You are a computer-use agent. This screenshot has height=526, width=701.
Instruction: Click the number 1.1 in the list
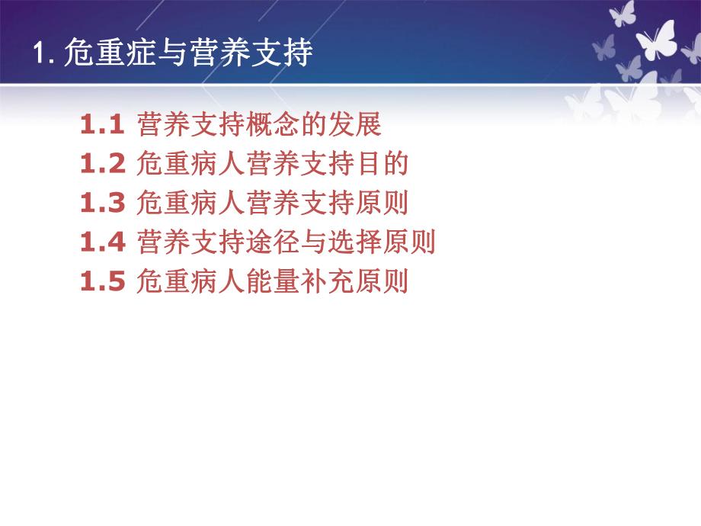click(x=101, y=124)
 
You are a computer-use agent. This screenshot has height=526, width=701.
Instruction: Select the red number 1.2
click(x=101, y=164)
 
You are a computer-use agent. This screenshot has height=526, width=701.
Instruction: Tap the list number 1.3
click(x=101, y=204)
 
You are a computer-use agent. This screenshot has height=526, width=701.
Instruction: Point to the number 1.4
click(x=101, y=243)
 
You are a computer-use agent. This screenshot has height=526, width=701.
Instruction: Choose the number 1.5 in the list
click(x=101, y=283)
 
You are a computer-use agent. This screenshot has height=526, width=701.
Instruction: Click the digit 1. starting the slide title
click(x=42, y=55)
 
